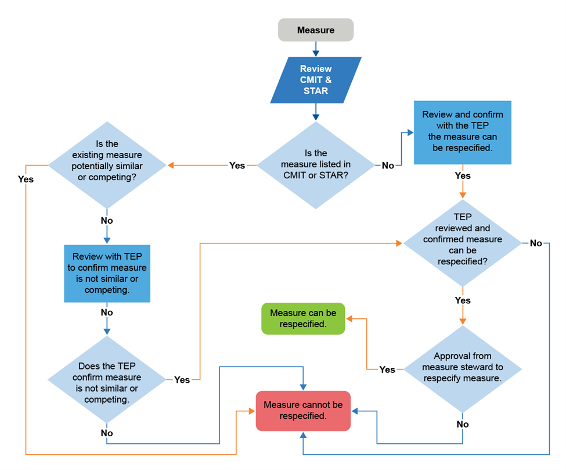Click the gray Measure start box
click(x=315, y=30)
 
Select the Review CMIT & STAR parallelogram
click(x=315, y=80)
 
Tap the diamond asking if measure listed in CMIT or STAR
click(x=315, y=165)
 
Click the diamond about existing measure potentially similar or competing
click(x=107, y=165)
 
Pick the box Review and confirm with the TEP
click(x=462, y=132)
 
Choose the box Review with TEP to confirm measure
click(x=107, y=273)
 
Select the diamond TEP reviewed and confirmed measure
click(x=462, y=243)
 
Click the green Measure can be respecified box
click(x=303, y=318)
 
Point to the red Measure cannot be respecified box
click(x=303, y=411)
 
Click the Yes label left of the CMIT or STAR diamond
click(x=237, y=166)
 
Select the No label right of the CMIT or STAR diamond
click(x=388, y=166)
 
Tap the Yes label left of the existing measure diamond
click(x=26, y=180)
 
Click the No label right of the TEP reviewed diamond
click(x=536, y=243)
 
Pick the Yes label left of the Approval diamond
click(x=387, y=369)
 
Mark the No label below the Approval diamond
click(x=463, y=424)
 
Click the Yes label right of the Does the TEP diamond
click(x=182, y=379)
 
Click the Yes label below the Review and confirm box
click(x=463, y=175)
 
